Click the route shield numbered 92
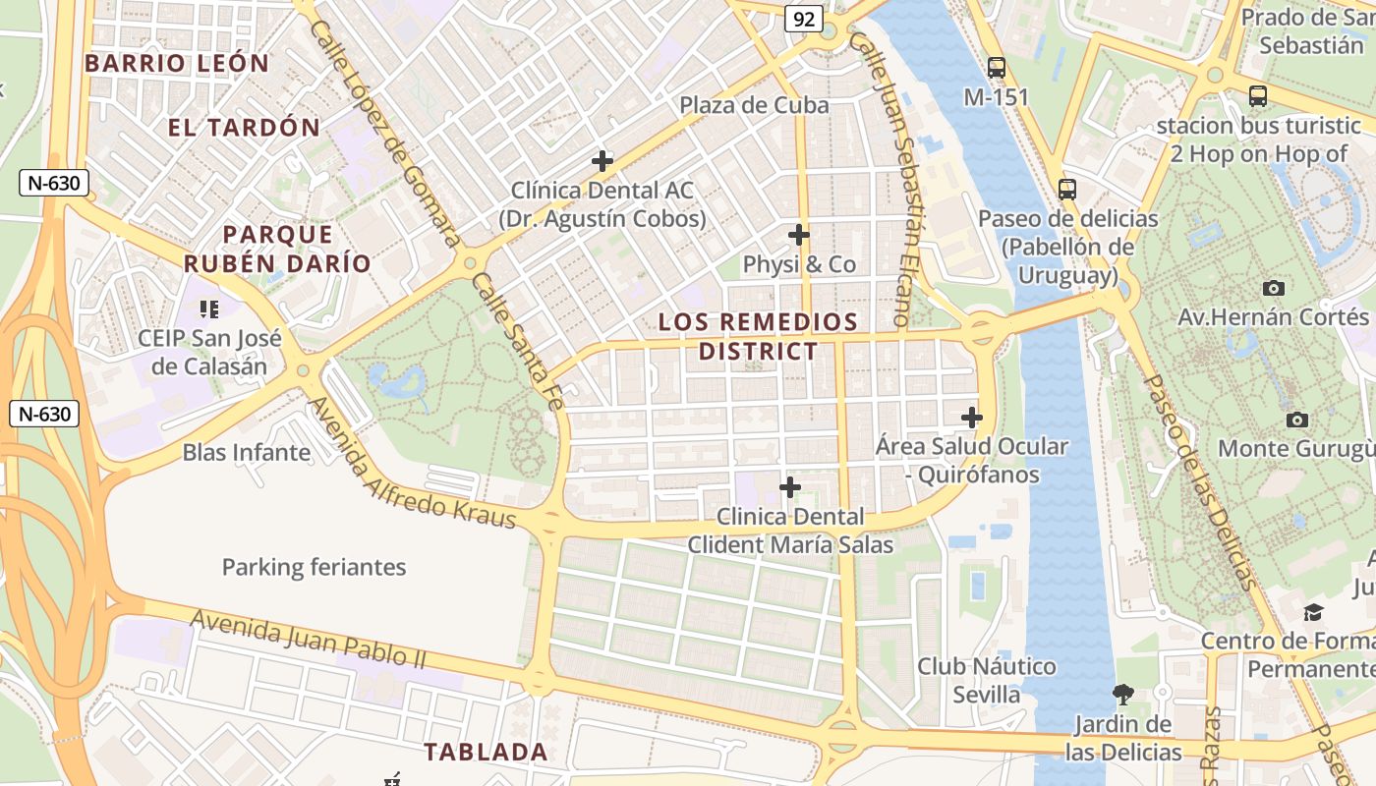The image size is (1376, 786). (803, 19)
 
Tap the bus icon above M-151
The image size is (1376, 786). (997, 68)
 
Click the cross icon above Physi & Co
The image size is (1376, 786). (799, 235)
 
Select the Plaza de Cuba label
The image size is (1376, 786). (754, 105)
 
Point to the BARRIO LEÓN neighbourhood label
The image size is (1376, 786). (177, 64)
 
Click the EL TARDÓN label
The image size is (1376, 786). (244, 127)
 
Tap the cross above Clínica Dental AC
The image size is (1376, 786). (602, 160)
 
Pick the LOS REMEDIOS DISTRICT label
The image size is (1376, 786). (758, 336)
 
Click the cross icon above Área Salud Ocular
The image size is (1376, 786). (972, 418)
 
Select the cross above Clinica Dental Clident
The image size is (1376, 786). (790, 487)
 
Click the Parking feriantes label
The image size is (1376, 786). (314, 567)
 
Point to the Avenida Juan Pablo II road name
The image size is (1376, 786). (309, 639)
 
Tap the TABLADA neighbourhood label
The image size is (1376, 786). (486, 752)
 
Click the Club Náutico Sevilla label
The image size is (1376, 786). (987, 680)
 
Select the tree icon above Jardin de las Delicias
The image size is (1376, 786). (1123, 695)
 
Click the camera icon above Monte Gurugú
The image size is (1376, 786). (1297, 420)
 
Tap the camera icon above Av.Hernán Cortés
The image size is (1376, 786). (1274, 288)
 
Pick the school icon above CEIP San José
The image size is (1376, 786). (208, 309)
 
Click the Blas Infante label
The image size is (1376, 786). (247, 453)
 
